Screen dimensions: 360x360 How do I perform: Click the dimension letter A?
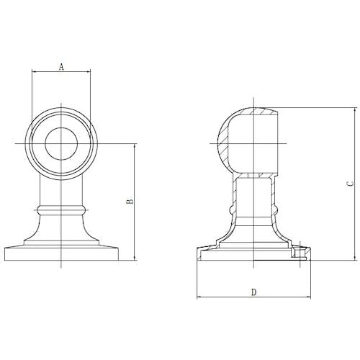[61, 67]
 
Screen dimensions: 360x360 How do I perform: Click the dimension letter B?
[130, 202]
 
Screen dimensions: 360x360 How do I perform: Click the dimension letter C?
[351, 184]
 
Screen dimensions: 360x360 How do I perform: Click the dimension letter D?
[254, 292]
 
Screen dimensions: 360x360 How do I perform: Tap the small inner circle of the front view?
[61, 143]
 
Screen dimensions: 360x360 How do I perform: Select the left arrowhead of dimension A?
[34, 71]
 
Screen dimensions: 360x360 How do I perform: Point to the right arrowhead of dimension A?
[88, 71]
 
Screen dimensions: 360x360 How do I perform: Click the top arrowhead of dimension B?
[135, 146]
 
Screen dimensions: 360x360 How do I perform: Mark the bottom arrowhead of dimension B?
[135, 258]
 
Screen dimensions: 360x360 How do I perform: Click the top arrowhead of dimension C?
[356, 110]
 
